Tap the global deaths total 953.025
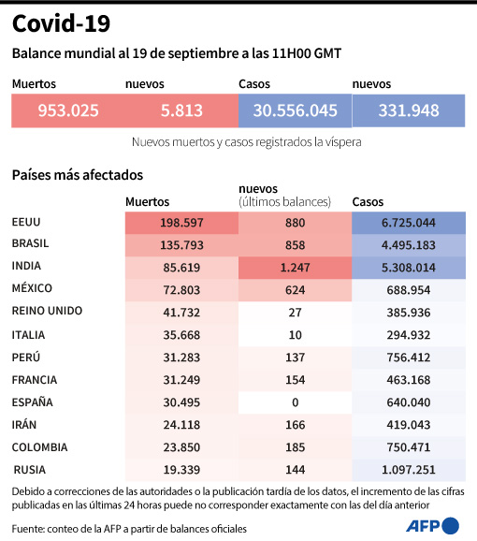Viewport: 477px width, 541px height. [x=68, y=110]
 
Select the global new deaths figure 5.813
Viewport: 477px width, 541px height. [x=181, y=110]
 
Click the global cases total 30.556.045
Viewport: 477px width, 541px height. [x=295, y=110]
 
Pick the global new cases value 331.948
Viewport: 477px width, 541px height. [x=409, y=110]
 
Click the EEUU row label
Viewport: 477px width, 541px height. [x=27, y=222]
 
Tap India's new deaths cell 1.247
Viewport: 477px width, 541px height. [x=295, y=268]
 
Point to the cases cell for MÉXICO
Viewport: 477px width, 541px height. [x=408, y=290]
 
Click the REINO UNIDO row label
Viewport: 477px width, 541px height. [x=47, y=311]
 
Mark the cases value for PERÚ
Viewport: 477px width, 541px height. [x=408, y=358]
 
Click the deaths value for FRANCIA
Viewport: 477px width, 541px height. [x=181, y=380]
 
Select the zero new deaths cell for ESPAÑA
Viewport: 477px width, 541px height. [x=295, y=402]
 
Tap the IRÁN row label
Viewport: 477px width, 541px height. [x=25, y=424]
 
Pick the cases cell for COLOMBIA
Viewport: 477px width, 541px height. [x=408, y=447]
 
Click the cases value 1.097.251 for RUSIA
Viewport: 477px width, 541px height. [x=408, y=470]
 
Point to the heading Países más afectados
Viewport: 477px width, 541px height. [x=77, y=174]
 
